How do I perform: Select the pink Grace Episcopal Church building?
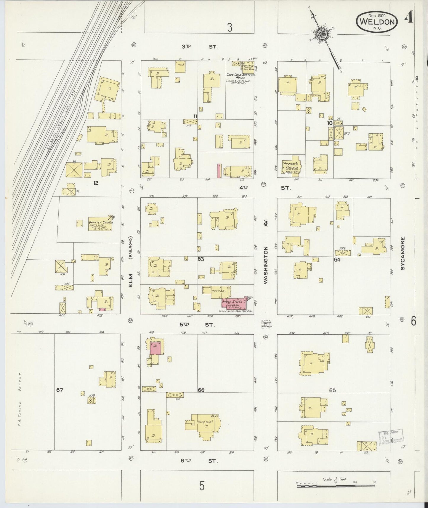point(234,303)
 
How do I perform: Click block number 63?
point(201,259)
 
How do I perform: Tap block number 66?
point(201,390)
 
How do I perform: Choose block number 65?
point(332,390)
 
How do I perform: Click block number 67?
point(60,390)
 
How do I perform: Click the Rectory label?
point(219,291)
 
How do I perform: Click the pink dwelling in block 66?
point(156,349)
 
